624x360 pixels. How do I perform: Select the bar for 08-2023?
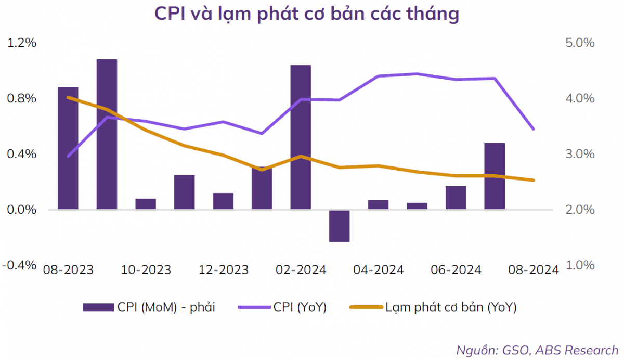68,148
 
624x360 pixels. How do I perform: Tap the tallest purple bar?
107,134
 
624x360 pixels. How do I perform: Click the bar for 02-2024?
301,137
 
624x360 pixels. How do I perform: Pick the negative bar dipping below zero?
340,226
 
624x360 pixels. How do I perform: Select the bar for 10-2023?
146,204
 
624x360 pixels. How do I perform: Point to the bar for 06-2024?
456,198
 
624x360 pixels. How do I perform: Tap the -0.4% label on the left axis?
20,265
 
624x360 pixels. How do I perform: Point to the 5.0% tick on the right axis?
579,43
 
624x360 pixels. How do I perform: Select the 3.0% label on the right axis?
579,155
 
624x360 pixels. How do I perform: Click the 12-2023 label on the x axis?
224,270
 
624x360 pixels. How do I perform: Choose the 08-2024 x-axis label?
533,270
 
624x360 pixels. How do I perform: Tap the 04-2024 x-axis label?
378,270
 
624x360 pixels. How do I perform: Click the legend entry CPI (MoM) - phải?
149,307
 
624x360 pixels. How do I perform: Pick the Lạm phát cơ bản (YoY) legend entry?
434,307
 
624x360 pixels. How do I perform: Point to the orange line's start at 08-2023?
68,97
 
